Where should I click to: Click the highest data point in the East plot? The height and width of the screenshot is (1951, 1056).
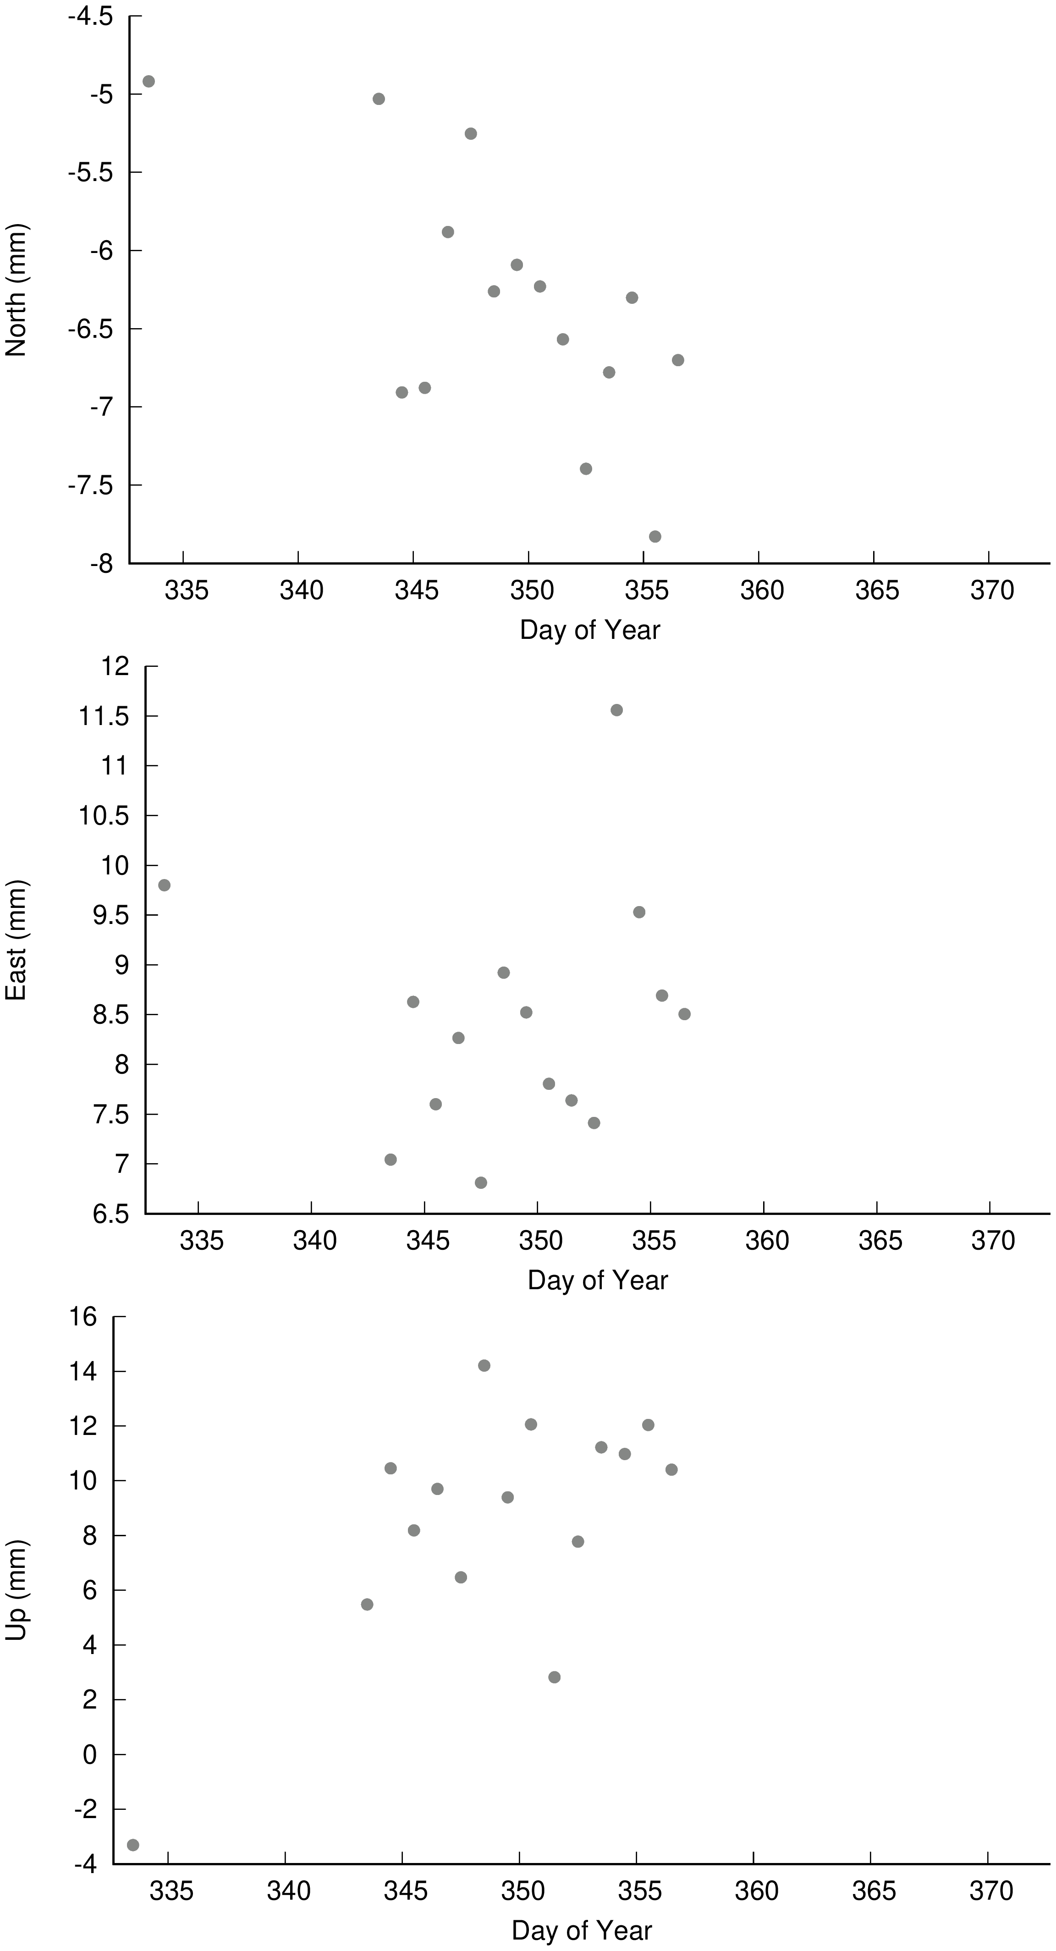[x=616, y=709]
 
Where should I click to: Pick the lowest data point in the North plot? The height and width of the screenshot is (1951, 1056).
[x=655, y=536]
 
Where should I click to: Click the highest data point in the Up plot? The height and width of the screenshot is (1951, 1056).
[x=484, y=1366]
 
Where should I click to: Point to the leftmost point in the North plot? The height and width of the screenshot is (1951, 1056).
[x=148, y=81]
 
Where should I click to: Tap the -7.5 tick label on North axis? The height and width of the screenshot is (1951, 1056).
[x=90, y=485]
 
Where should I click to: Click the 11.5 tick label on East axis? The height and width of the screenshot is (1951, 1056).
[x=104, y=716]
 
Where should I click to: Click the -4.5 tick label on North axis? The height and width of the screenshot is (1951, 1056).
[x=90, y=16]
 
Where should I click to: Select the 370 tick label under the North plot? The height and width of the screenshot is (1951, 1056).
[x=992, y=590]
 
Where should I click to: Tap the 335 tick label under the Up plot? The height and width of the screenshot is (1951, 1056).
[x=171, y=1891]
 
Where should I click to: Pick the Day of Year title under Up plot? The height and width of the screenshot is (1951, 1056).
[x=582, y=1930]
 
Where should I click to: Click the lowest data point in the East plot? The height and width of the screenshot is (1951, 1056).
[x=480, y=1182]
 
